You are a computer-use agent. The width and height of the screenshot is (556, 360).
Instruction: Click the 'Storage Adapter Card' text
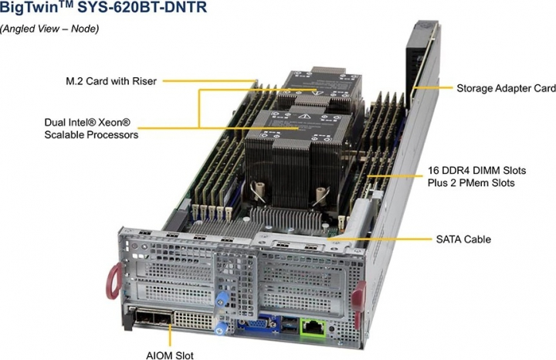pyautogui.click(x=505, y=88)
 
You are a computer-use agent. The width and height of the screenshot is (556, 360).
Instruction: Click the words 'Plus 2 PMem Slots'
pyautogui.click(x=471, y=183)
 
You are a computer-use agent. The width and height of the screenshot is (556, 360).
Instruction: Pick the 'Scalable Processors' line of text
pyautogui.click(x=91, y=134)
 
